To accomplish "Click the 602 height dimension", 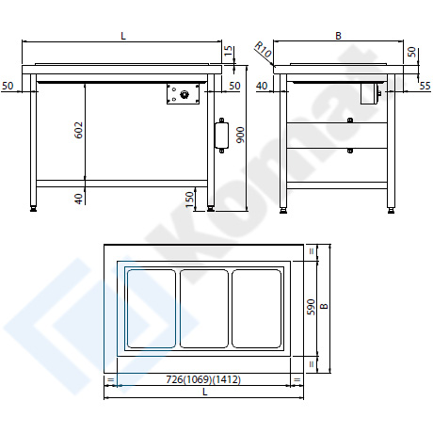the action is click(79, 130).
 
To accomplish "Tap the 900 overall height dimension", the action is click(240, 135).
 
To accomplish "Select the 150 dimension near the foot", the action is click(190, 200).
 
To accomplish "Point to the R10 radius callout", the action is click(263, 50).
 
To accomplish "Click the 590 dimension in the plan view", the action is click(311, 308).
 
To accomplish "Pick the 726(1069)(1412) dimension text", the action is click(203, 380).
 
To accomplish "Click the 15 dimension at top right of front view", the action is click(229, 51).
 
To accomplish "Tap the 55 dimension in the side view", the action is click(425, 86).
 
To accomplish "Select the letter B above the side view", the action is click(338, 36).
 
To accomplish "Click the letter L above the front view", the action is click(123, 36).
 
